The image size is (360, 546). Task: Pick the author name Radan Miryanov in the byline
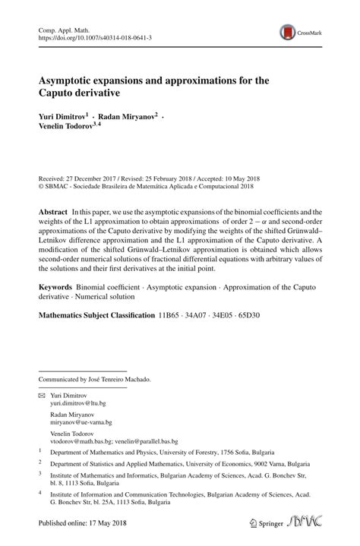(125, 118)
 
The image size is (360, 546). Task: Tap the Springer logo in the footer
(261, 523)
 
